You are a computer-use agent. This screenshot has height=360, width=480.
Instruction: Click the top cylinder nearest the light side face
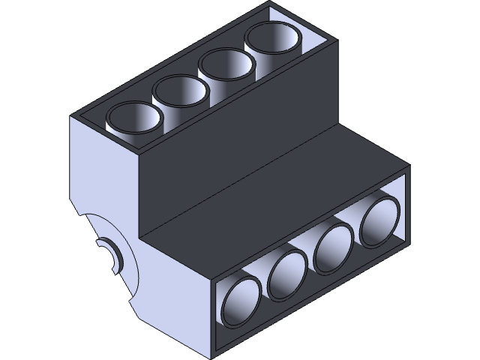coord(135,121)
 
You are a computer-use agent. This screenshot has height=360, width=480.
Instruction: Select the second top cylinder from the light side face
coord(181,94)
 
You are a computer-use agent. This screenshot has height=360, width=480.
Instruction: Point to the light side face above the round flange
coord(105,165)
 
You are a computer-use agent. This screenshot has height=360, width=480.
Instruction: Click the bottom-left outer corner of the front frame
coord(213,355)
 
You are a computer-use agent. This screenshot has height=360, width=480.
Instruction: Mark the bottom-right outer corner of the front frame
coord(410,241)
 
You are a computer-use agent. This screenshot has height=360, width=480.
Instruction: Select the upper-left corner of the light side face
coord(70,117)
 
